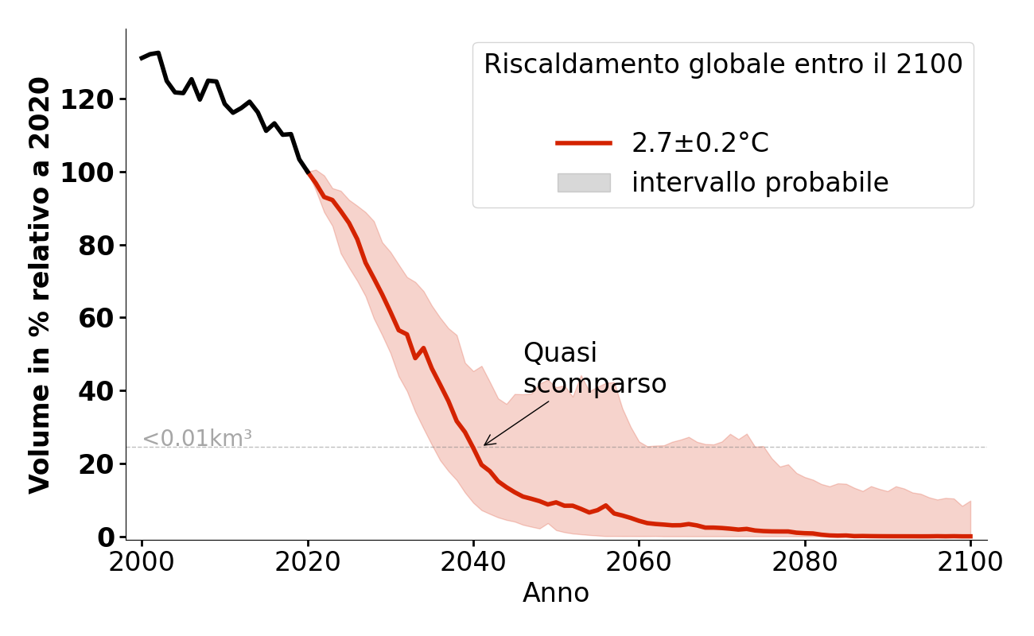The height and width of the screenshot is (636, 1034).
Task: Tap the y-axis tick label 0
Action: click(x=107, y=537)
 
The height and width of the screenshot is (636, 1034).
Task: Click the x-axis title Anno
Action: click(x=556, y=593)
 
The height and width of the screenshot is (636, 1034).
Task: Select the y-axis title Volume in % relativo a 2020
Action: click(x=40, y=285)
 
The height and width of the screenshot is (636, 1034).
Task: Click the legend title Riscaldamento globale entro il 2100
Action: click(x=723, y=64)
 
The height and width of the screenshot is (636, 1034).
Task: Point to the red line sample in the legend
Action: click(x=584, y=143)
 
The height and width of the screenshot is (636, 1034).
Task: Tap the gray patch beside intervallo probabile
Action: click(x=584, y=183)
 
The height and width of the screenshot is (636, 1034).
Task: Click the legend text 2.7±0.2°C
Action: click(x=700, y=143)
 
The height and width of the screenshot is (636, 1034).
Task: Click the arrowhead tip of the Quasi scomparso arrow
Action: click(x=484, y=445)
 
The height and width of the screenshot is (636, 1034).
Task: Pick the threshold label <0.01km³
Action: click(x=196, y=438)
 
